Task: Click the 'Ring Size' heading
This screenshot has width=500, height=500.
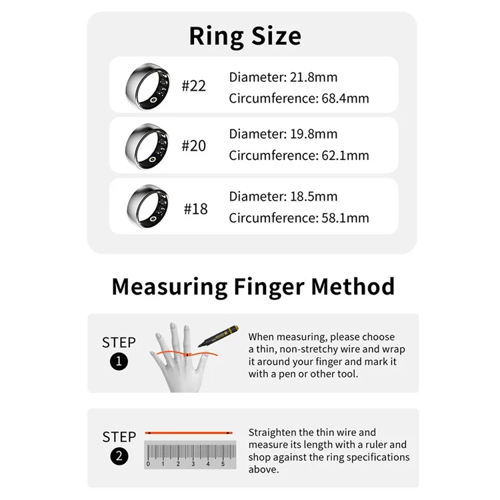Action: [245, 37]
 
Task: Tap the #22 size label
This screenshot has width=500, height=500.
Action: [193, 86]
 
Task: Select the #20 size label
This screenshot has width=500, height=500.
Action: [193, 146]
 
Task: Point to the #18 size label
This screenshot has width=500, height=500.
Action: [195, 209]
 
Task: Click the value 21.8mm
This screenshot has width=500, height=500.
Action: [313, 77]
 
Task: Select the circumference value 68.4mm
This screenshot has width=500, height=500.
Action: [345, 98]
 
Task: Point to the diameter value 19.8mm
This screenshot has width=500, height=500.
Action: [313, 134]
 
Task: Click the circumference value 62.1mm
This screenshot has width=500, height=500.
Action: [345, 155]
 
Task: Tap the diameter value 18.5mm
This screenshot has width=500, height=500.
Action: [313, 197]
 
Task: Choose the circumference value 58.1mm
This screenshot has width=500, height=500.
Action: [345, 218]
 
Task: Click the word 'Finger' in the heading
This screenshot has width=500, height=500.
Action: [269, 287]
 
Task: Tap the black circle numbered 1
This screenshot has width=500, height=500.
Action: [119, 361]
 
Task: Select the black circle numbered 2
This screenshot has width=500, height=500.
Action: [119, 456]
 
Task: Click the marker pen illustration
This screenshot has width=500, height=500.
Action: [218, 336]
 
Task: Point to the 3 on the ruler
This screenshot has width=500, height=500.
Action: [193, 464]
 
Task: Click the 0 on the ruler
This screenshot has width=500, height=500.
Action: [148, 464]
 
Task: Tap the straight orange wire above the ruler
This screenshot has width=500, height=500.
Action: [189, 433]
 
